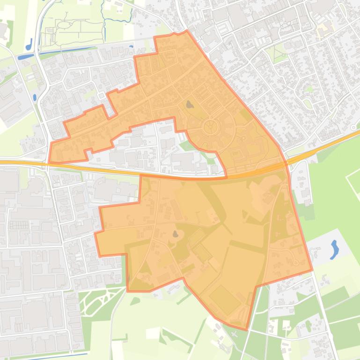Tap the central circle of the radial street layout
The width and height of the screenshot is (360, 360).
point(211,126)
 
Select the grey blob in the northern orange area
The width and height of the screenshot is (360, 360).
point(189,105)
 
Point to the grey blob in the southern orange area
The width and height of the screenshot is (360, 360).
point(176,234)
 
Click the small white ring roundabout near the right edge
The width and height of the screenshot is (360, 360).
point(353,127)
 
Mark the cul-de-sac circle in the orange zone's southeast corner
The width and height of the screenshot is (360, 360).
point(295,263)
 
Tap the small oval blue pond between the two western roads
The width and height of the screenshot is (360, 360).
point(35,98)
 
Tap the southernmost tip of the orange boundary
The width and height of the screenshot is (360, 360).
point(246,330)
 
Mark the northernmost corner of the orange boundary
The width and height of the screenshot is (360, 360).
point(187,31)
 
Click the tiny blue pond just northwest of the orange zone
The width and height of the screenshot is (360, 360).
point(131,47)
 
